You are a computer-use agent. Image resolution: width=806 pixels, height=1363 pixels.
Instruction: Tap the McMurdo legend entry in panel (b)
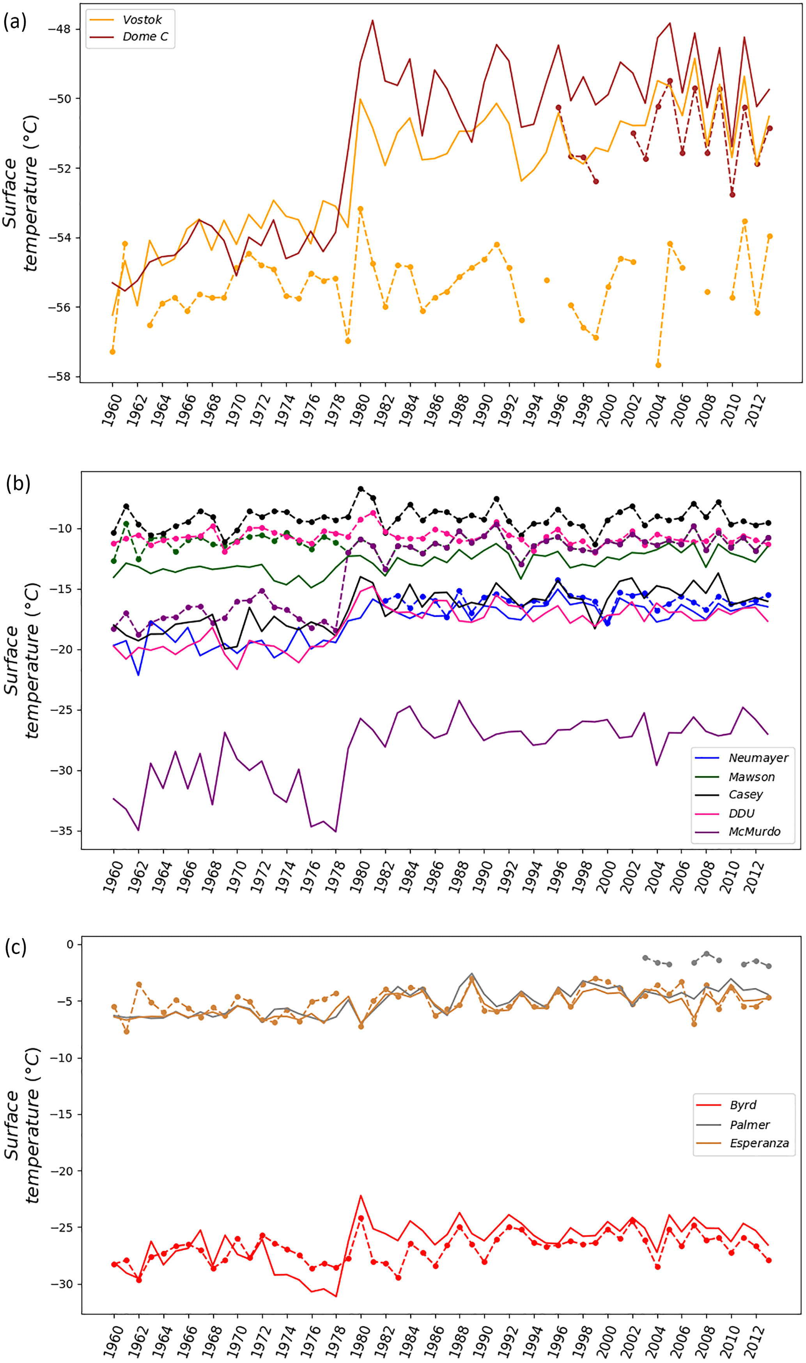coord(754,831)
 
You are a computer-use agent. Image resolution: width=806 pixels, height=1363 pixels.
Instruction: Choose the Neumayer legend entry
coord(758,758)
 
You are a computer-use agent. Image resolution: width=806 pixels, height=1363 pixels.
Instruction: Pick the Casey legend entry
coord(745,795)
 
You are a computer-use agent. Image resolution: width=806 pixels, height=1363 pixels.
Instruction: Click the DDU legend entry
coord(741,813)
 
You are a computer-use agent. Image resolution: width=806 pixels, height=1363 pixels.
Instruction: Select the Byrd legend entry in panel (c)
coord(742,1105)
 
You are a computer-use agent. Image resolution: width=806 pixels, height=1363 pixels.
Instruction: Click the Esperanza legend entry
coord(759,1143)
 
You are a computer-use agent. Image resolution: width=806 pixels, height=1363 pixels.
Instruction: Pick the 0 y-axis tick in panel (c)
coord(69,945)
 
